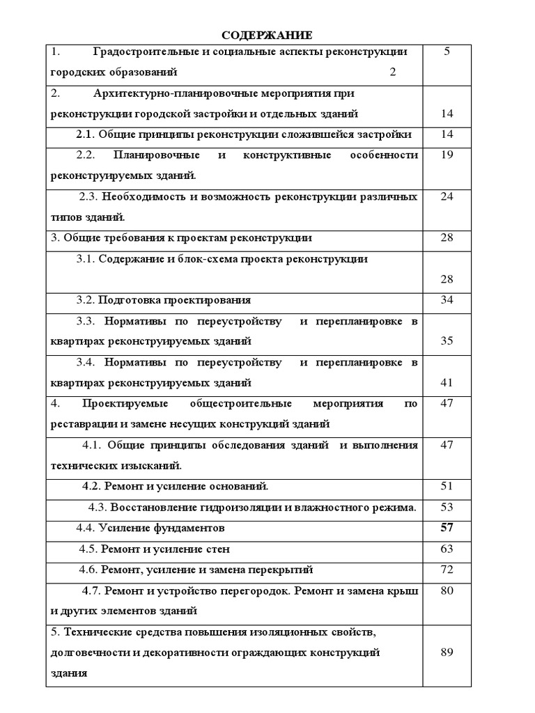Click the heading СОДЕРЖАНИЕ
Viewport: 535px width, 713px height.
pos(267,36)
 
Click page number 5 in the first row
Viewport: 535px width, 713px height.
pos(447,52)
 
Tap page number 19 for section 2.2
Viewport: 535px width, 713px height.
pos(447,155)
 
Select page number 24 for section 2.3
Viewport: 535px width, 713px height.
pos(447,196)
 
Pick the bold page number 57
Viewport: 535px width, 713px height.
pos(447,528)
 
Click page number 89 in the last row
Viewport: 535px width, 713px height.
pos(447,652)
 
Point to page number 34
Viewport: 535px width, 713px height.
pos(447,299)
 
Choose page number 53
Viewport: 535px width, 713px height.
pos(447,507)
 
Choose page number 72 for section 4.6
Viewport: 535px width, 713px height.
pos(447,570)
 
